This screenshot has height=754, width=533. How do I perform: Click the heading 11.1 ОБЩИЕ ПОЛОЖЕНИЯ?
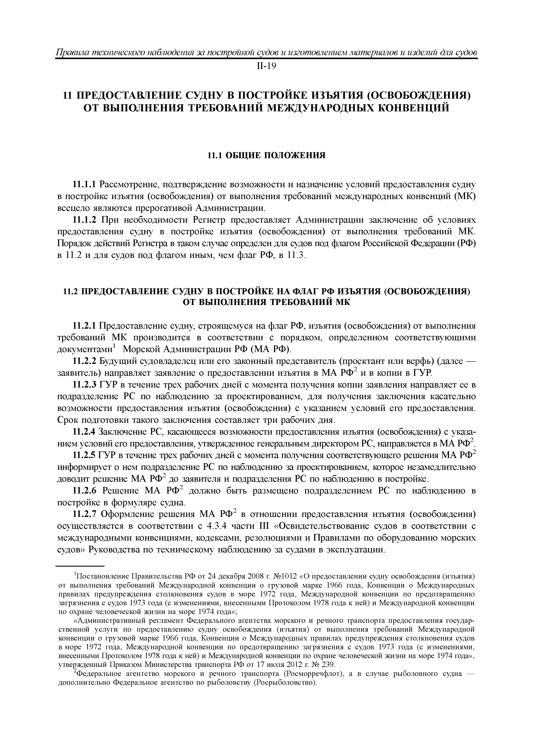(266, 155)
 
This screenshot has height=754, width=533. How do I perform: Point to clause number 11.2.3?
(84, 385)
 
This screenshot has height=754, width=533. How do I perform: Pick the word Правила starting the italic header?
(72, 52)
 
